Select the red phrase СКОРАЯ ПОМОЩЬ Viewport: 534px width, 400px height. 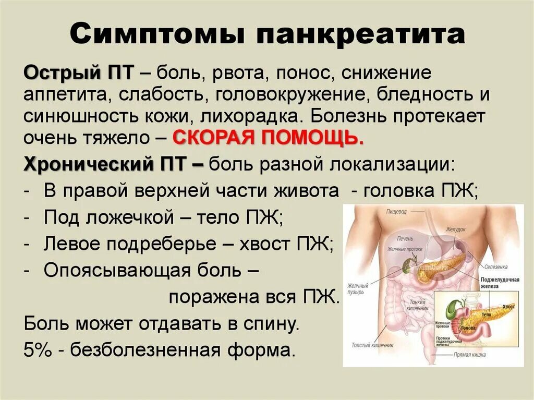pyautogui.click(x=268, y=138)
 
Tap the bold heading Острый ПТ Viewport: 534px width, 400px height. pyautogui.click(x=79, y=73)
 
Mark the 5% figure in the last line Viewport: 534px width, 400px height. pyautogui.click(x=35, y=349)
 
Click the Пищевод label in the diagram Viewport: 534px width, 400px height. pyautogui.click(x=396, y=212)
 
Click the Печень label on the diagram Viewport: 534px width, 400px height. pyautogui.click(x=405, y=239)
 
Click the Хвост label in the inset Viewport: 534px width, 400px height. pyautogui.click(x=508, y=307)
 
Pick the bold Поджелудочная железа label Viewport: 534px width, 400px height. pyautogui.click(x=500, y=283)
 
